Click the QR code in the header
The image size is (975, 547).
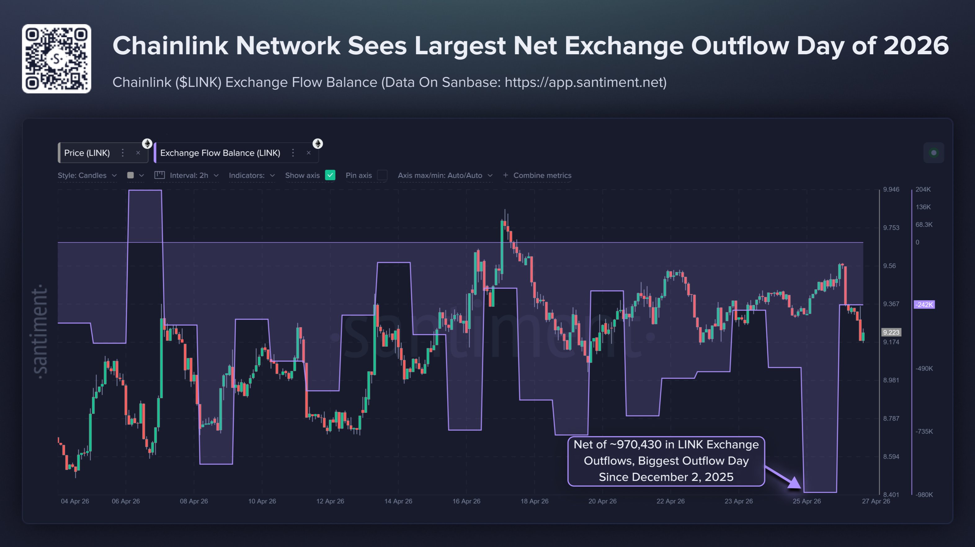pos(56,59)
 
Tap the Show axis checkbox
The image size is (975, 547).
pos(330,175)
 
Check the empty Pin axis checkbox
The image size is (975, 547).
pos(382,175)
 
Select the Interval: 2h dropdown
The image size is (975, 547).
pos(187,175)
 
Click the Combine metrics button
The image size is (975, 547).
pos(537,175)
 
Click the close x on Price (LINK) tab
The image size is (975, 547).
pos(138,153)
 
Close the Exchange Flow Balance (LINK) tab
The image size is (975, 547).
pos(309,153)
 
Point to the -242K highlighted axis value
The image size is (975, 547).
pos(924,305)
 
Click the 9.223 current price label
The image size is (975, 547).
pos(891,332)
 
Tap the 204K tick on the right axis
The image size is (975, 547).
pos(923,189)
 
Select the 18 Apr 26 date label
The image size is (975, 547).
pos(534,501)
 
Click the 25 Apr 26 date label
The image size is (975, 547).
pos(807,501)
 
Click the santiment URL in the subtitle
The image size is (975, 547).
pos(585,82)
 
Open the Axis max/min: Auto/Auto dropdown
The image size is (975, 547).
pos(445,175)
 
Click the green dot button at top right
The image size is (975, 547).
pos(933,153)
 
